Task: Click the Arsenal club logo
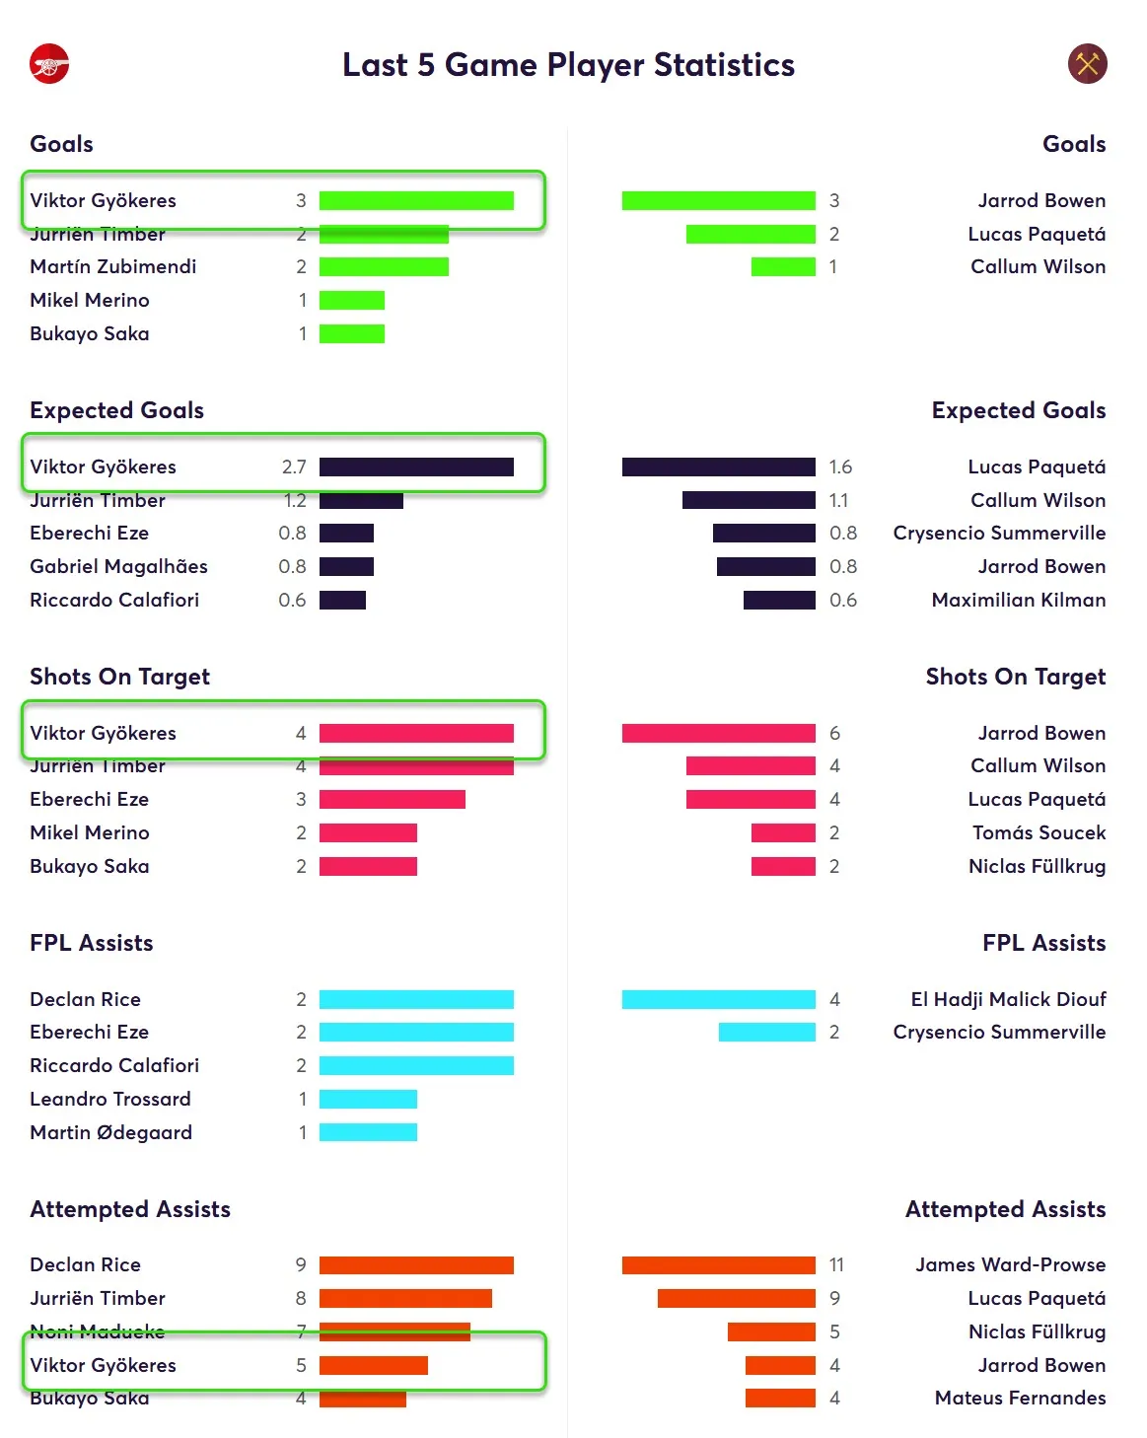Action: click(x=49, y=65)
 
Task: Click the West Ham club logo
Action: click(x=1087, y=65)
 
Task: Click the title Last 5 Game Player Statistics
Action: click(x=568, y=65)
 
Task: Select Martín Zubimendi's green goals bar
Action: click(x=384, y=266)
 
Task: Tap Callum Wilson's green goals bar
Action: click(x=783, y=266)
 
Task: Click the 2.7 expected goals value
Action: click(x=294, y=467)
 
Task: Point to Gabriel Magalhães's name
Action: click(x=118, y=566)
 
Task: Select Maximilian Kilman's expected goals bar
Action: click(x=779, y=600)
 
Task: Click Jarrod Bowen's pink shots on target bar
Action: click(x=718, y=733)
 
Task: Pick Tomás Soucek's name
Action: click(x=1039, y=832)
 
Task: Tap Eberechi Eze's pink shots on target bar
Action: click(x=392, y=799)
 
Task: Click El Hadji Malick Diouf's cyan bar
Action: click(x=718, y=999)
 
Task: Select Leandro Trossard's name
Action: click(x=110, y=1099)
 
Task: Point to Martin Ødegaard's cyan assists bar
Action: click(x=368, y=1132)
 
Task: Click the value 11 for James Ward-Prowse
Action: click(x=836, y=1264)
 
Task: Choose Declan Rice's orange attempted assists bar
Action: click(x=416, y=1264)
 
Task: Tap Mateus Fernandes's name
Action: click(x=1020, y=1398)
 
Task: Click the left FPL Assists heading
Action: click(x=92, y=943)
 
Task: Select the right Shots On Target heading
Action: click(x=1015, y=677)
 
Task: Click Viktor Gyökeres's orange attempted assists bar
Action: click(x=373, y=1365)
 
